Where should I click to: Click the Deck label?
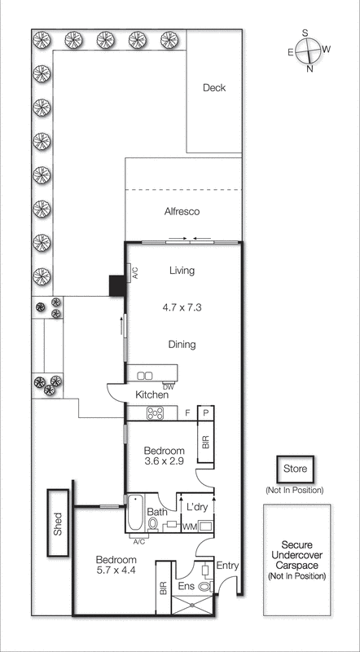(x=214, y=88)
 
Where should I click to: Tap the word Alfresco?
(x=182, y=212)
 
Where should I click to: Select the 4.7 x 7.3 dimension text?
(x=182, y=309)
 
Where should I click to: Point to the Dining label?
(x=182, y=344)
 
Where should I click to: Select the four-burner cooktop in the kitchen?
(x=155, y=413)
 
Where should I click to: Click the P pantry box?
(x=205, y=413)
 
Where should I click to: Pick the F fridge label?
(x=187, y=413)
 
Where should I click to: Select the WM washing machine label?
(x=188, y=527)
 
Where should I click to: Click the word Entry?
(x=227, y=566)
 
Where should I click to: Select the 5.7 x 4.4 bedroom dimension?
(x=117, y=572)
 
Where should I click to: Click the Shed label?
(x=57, y=523)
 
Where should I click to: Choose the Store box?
(x=294, y=469)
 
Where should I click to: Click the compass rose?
(x=309, y=51)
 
